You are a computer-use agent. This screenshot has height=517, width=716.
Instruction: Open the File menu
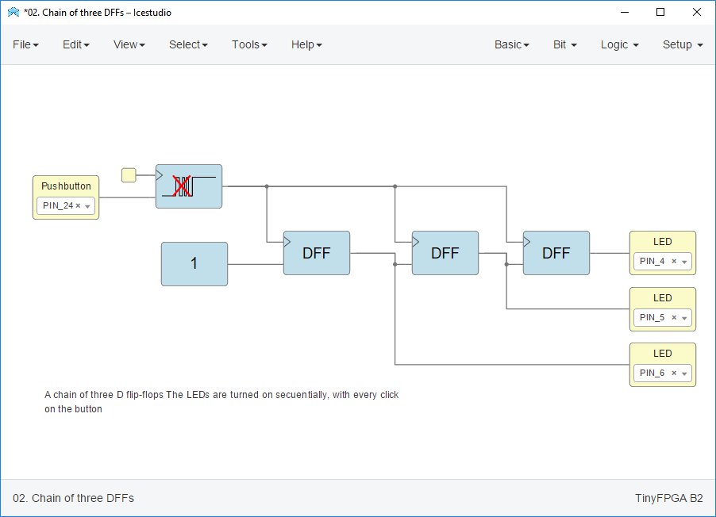click(25, 44)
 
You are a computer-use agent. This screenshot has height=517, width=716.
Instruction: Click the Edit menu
click(75, 44)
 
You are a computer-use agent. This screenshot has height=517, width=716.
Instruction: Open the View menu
click(129, 44)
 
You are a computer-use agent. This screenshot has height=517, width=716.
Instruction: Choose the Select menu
click(188, 44)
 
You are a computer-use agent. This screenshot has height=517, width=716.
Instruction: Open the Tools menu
click(249, 44)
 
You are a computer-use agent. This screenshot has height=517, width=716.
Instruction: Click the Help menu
click(306, 44)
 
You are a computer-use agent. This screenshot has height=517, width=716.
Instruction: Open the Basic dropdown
click(511, 44)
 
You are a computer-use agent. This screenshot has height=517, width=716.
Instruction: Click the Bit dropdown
click(564, 44)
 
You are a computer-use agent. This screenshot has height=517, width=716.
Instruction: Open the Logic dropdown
click(619, 44)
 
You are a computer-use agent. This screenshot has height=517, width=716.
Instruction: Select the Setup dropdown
click(683, 44)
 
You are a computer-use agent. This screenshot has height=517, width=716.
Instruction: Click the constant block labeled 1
click(194, 264)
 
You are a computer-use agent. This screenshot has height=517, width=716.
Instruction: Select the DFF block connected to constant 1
click(317, 253)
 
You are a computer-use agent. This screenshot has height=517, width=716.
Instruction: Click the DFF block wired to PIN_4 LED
click(556, 253)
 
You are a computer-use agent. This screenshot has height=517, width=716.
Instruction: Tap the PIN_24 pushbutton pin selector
click(66, 206)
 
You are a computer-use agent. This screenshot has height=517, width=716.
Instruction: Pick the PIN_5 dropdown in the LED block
click(662, 318)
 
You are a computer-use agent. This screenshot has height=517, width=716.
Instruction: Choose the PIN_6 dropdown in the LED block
click(662, 373)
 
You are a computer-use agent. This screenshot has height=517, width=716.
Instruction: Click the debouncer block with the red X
click(189, 186)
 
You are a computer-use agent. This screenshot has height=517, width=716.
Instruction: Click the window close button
click(696, 12)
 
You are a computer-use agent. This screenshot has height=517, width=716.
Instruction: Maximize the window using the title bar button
click(660, 12)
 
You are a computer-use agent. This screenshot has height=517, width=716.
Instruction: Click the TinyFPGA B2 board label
click(668, 498)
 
